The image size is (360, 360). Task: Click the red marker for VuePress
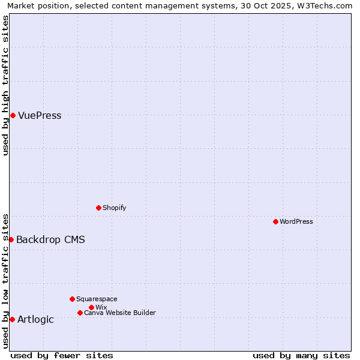tap(13, 115)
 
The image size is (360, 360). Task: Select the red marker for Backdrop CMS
tap(11, 239)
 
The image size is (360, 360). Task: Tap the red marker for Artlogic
tap(12, 319)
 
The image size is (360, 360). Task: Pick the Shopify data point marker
tap(98, 208)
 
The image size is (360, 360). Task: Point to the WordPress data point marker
tap(275, 221)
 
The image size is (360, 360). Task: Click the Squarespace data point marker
tap(72, 299)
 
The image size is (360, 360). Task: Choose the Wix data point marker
tap(91, 307)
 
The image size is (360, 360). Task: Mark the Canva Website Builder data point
tap(80, 313)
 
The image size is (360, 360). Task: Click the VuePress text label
tap(40, 116)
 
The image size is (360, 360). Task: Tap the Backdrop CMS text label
tap(50, 240)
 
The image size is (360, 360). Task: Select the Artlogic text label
tap(35, 320)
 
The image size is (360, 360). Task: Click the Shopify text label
tap(114, 208)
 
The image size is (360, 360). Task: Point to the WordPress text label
tap(296, 222)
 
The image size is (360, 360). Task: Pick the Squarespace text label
tap(97, 299)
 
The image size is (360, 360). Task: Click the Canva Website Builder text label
tap(120, 313)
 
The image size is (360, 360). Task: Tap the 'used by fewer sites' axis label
tap(62, 355)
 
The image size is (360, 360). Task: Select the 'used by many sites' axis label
tap(301, 355)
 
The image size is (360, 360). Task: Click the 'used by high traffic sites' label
tap(5, 85)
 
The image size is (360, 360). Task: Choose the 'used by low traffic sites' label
tap(5, 280)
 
